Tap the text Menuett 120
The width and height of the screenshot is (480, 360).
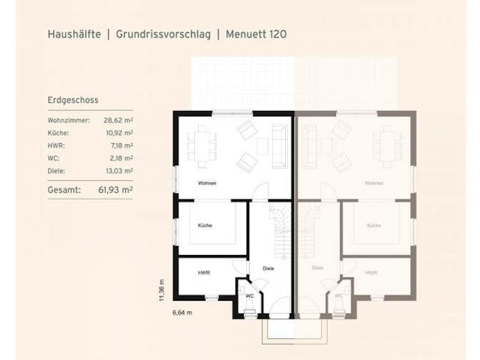click(256, 34)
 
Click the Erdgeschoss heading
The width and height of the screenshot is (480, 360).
click(73, 100)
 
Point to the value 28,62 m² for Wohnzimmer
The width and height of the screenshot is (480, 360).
click(118, 120)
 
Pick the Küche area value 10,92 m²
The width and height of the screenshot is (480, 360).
click(118, 133)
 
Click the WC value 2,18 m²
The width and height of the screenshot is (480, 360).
click(121, 158)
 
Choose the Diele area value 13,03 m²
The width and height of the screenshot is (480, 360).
click(118, 171)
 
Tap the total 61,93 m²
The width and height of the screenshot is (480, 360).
click(116, 190)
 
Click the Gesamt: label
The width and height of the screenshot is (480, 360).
click(63, 190)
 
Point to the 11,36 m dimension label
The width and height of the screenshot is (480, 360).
click(160, 289)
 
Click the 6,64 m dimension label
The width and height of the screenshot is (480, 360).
click(183, 312)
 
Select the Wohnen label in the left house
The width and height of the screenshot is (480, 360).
click(207, 184)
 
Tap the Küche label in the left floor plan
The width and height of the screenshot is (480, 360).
click(205, 226)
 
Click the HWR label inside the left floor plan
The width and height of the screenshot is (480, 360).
click(204, 273)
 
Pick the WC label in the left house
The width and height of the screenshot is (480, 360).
click(250, 296)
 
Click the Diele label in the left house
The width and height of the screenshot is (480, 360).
click(268, 268)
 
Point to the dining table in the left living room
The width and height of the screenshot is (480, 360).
click(202, 144)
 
